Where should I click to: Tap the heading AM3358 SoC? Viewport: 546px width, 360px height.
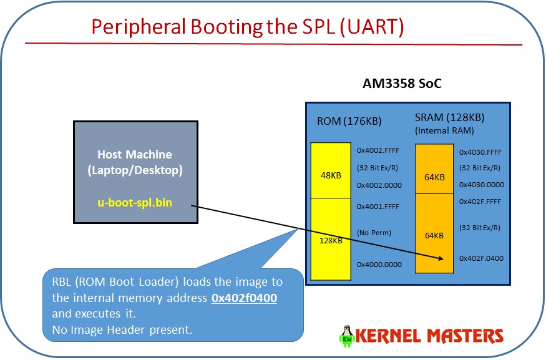[402, 84]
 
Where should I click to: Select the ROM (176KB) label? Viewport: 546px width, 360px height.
[341, 122]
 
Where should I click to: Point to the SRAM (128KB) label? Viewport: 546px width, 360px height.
[449, 117]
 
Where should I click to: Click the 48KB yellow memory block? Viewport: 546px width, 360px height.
[331, 176]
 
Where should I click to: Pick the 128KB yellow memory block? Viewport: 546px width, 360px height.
[331, 241]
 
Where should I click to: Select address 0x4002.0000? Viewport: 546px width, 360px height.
[379, 185]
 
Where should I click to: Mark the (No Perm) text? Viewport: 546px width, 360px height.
[374, 232]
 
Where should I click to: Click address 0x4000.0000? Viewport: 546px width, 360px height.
[379, 265]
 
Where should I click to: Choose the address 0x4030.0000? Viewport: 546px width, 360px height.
[481, 185]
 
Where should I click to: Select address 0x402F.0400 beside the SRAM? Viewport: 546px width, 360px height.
[481, 258]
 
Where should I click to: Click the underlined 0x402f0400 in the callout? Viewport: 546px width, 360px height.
[244, 298]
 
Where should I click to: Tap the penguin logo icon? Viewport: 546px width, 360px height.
[345, 336]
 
